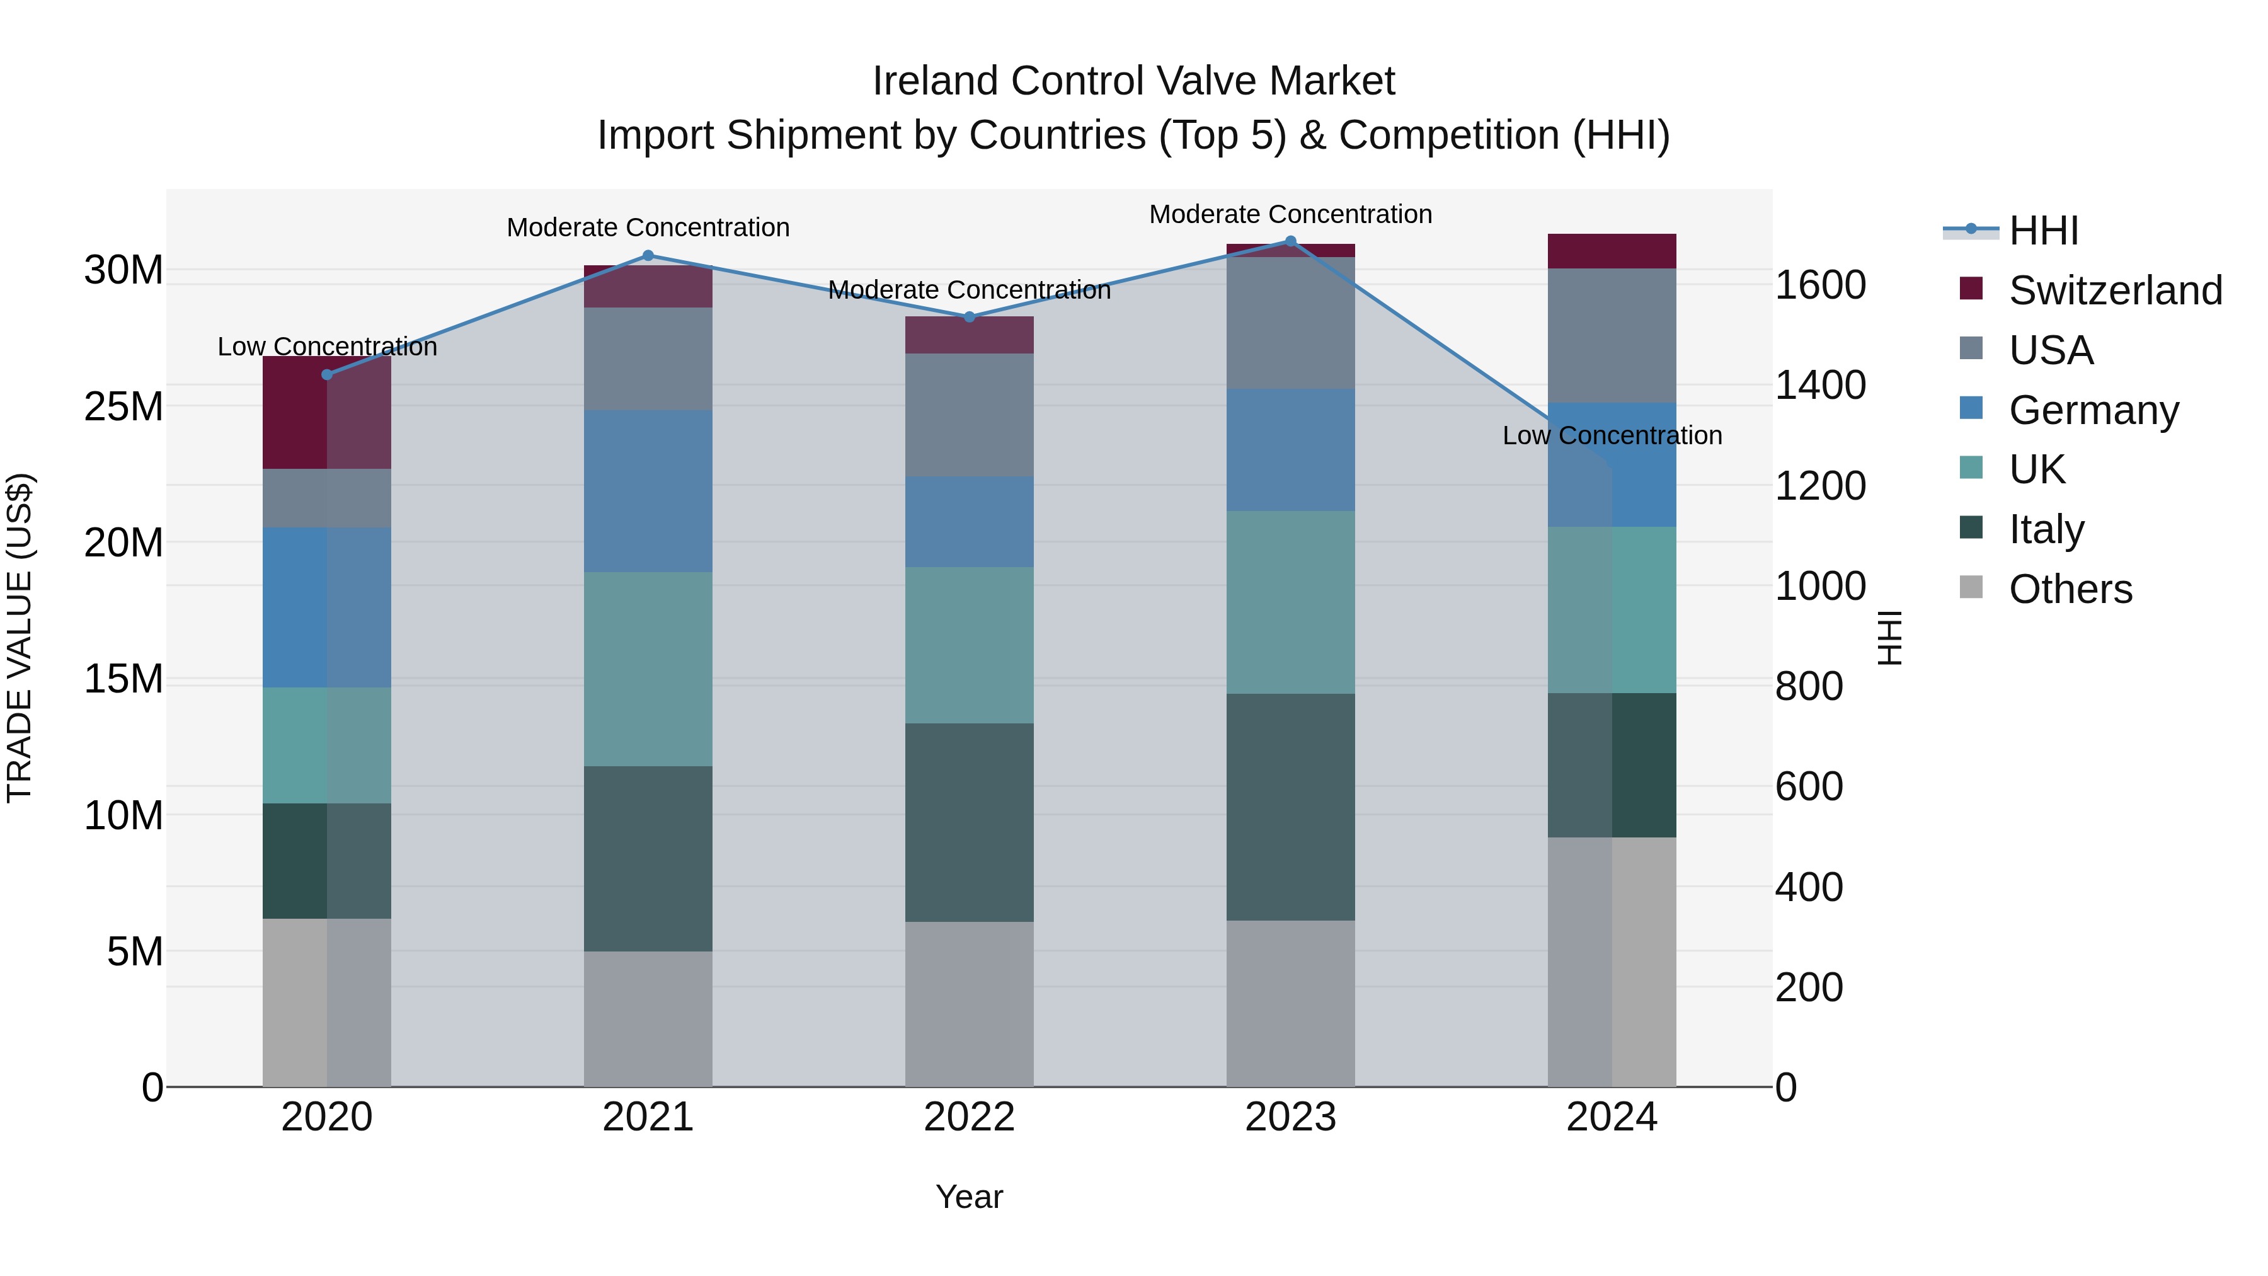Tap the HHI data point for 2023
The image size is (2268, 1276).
(x=1291, y=241)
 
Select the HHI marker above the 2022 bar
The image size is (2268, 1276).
(x=970, y=317)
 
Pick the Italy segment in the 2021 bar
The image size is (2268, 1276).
(x=648, y=859)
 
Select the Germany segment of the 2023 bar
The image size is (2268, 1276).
(x=1291, y=450)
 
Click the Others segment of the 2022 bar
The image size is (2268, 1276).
(x=970, y=1004)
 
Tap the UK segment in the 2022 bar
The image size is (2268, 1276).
(x=970, y=645)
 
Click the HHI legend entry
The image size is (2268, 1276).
(x=2042, y=231)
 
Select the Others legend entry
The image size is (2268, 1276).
(x=2069, y=589)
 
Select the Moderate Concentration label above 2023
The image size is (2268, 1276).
(x=1291, y=214)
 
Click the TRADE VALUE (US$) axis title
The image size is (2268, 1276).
(x=20, y=638)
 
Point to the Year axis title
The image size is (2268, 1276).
(x=970, y=1197)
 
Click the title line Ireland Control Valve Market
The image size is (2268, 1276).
(x=1133, y=81)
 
